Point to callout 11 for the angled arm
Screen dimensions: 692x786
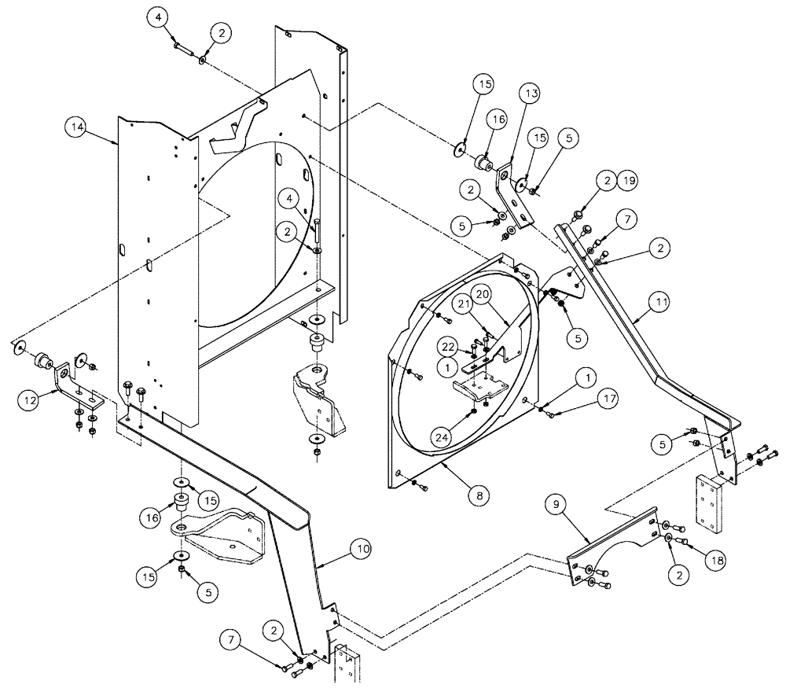pos(659,300)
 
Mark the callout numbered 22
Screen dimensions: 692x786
pos(447,348)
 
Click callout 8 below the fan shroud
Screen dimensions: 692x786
pos(478,495)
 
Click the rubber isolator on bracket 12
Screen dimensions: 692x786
pos(41,363)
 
